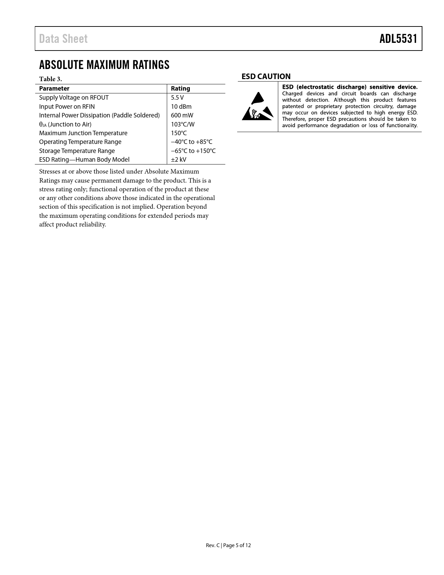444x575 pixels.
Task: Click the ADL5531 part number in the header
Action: pyautogui.click(x=398, y=39)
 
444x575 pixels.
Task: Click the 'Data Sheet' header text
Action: pyautogui.click(x=63, y=39)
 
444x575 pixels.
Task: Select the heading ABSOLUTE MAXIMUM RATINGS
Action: pyautogui.click(x=104, y=65)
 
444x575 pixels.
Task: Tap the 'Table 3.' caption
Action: pyautogui.click(x=50, y=79)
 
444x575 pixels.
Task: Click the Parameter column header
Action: pyautogui.click(x=54, y=89)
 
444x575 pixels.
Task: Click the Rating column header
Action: pyautogui.click(x=180, y=89)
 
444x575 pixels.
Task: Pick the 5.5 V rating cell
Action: pyautogui.click(x=177, y=98)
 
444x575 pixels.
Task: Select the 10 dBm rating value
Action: pyautogui.click(x=181, y=107)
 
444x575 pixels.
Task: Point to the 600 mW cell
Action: pyautogui.click(x=182, y=115)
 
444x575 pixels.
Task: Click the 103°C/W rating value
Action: pyautogui.click(x=182, y=124)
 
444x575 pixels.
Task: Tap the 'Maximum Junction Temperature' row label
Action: pyautogui.click(x=83, y=133)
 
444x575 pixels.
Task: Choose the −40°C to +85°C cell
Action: pyautogui.click(x=191, y=142)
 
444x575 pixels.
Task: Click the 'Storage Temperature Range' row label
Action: pyautogui.click(x=77, y=151)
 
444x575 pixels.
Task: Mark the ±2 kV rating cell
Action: pyautogui.click(x=178, y=160)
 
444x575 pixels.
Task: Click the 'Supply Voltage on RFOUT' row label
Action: pyautogui.click(x=74, y=98)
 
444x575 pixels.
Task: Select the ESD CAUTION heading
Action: pyautogui.click(x=266, y=76)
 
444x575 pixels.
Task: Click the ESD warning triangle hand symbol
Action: pyautogui.click(x=257, y=106)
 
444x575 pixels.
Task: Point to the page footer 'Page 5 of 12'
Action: pyautogui.click(x=237, y=545)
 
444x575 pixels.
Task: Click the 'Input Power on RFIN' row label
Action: pyautogui.click(x=67, y=107)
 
